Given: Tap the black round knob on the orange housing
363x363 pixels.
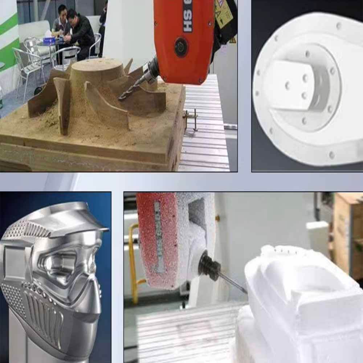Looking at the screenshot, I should coord(181,47).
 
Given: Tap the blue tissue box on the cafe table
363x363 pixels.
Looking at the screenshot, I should coord(49,40).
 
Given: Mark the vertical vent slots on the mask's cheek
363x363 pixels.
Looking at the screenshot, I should coord(44,312).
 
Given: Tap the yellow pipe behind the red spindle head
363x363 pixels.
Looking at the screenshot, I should coord(133,261).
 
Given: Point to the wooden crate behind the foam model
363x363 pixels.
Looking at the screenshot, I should coord(347,232).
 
